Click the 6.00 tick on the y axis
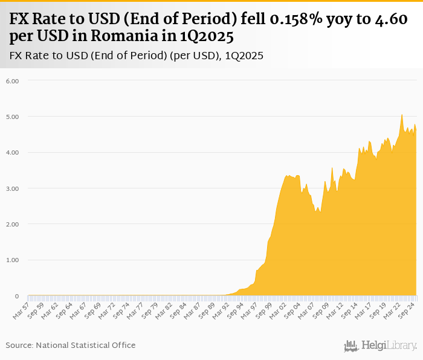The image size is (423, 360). pos(13,80)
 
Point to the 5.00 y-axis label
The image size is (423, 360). pos(13,117)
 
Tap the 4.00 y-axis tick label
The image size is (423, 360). pos(13,152)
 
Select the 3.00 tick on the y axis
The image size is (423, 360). pos(13,188)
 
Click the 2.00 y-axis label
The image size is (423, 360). pos(13,224)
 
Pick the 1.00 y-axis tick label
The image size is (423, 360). pos(13,260)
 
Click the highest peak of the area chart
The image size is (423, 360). pos(402,114)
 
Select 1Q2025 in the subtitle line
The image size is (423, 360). pos(244,56)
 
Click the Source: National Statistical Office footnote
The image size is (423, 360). pos(71,345)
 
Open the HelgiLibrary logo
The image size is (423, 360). pos(381,346)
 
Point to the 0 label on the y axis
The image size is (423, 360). pos(17,296)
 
